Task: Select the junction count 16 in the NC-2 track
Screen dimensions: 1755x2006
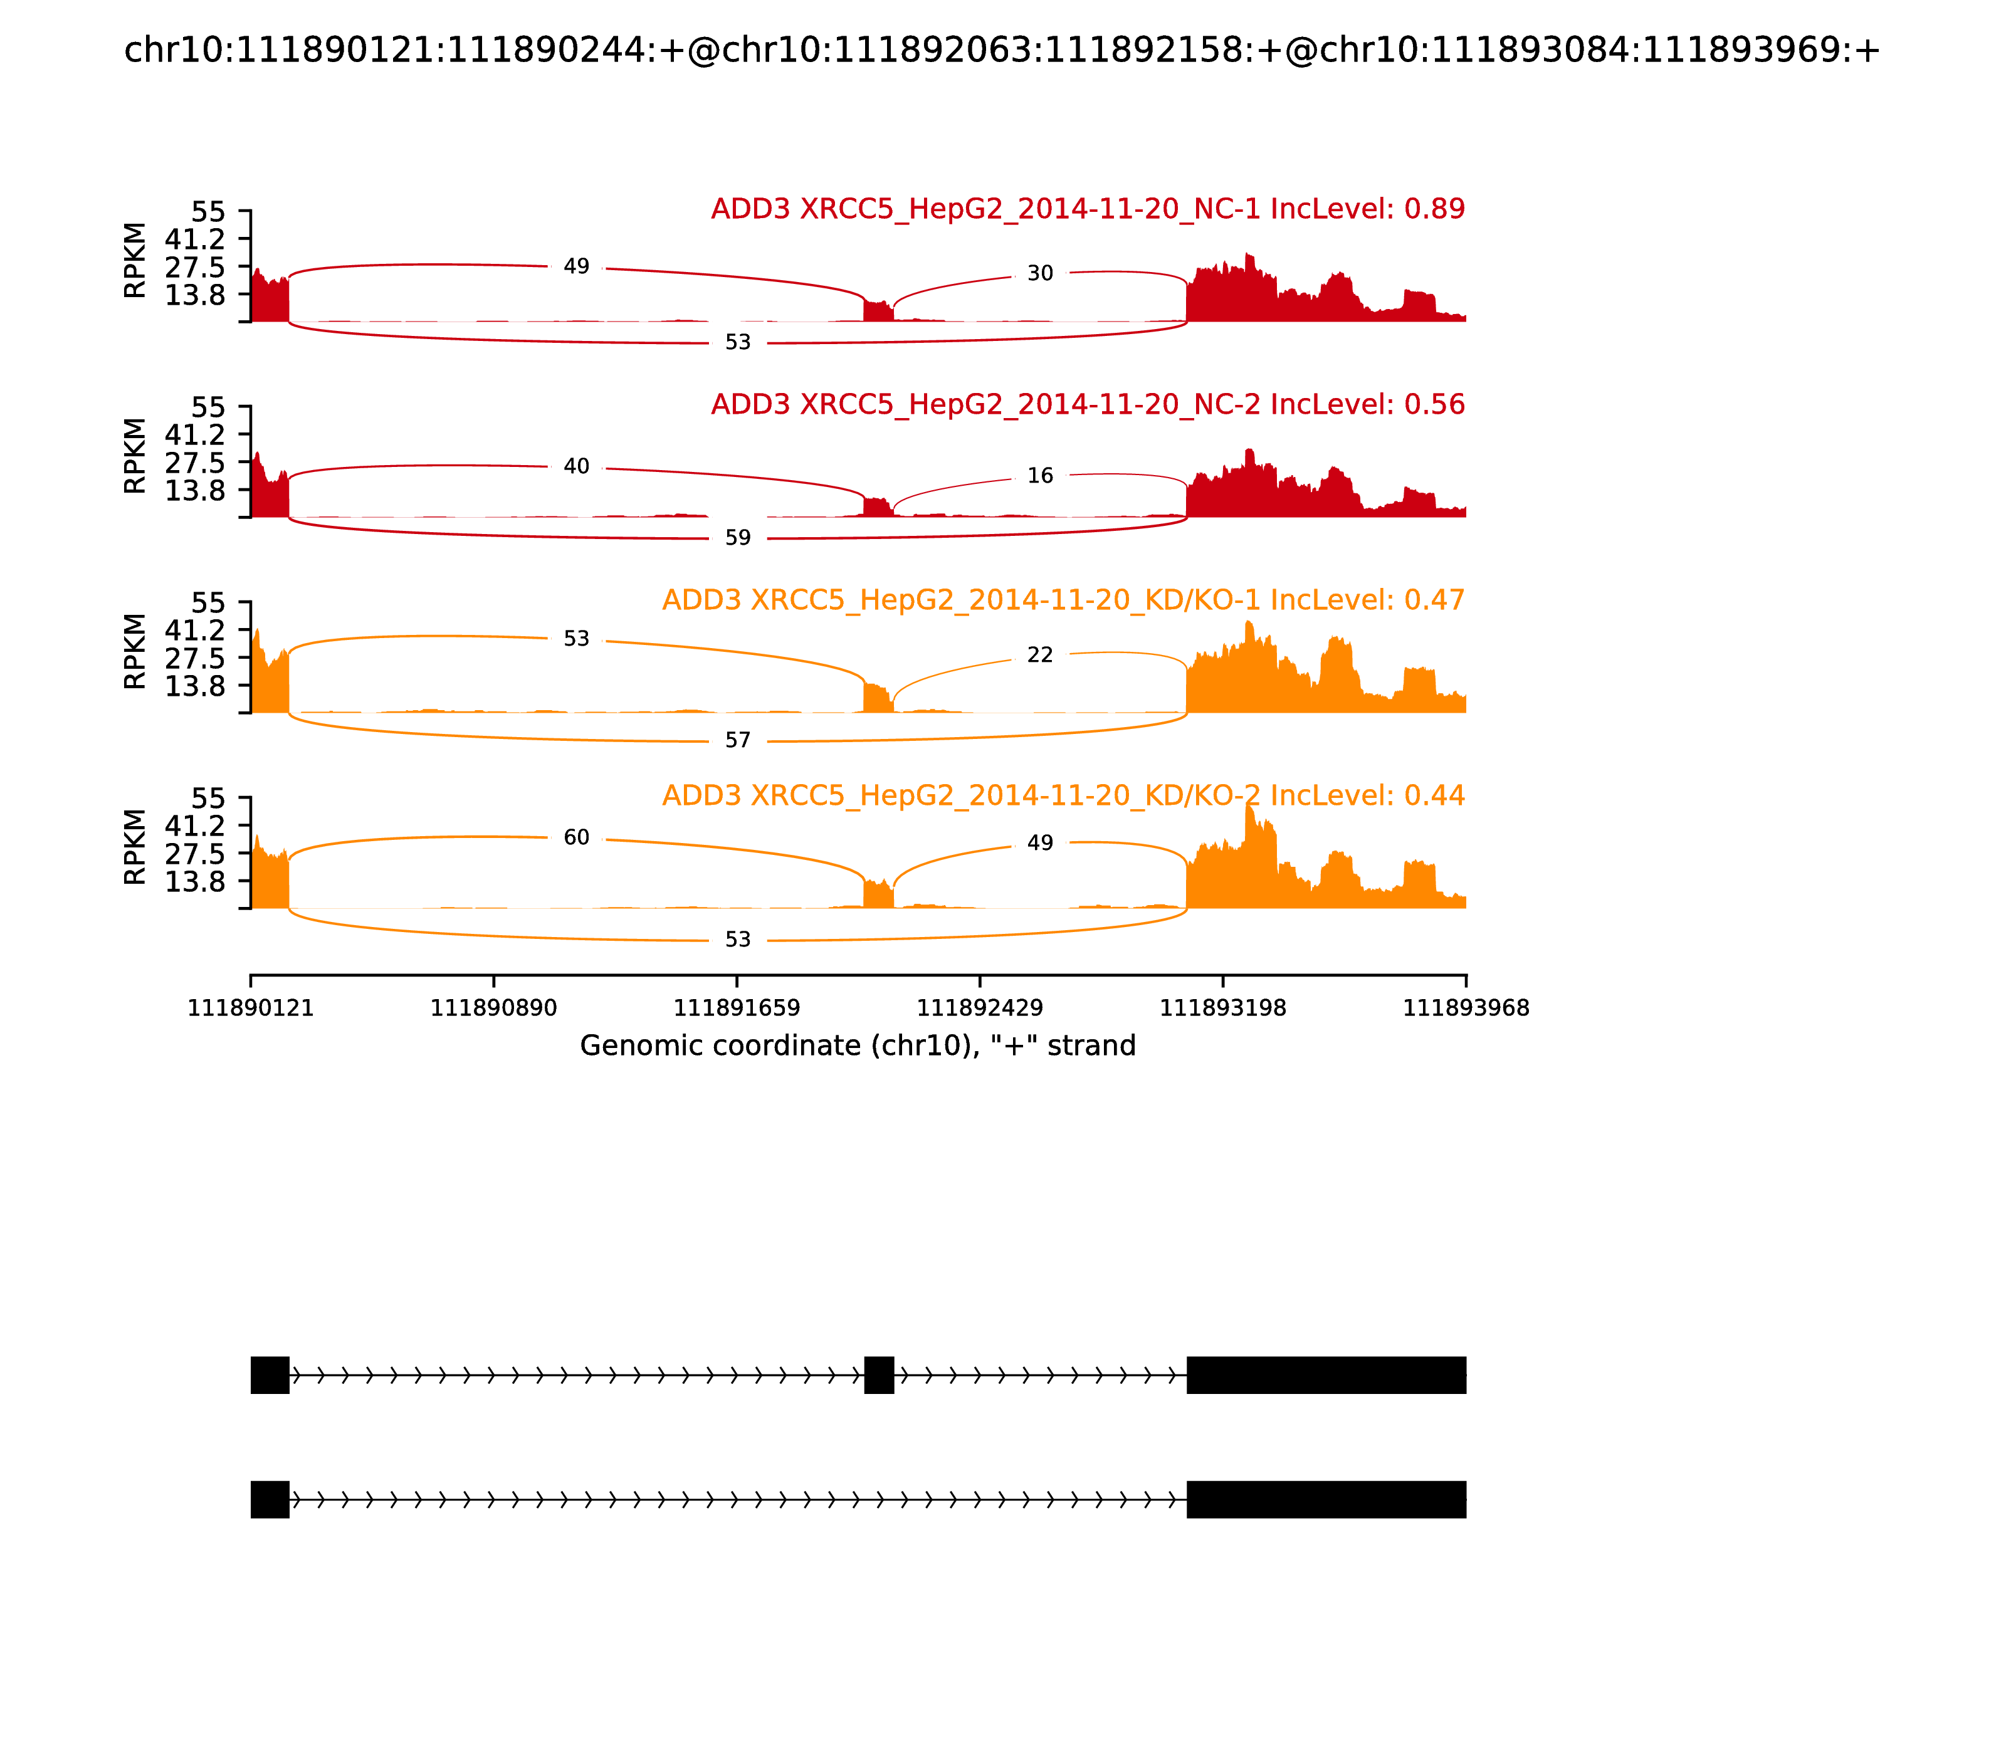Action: tap(1039, 476)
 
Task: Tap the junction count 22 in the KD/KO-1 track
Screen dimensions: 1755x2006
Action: tap(1039, 655)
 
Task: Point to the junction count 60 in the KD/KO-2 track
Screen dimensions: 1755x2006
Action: tap(576, 837)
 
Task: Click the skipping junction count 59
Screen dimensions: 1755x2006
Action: tap(738, 538)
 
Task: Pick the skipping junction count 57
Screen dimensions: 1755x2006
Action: tap(738, 740)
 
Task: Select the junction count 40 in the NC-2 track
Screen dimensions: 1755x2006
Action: tap(576, 466)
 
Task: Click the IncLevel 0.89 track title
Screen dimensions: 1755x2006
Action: tap(1087, 209)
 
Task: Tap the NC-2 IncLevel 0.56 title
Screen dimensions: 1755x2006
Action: tap(1087, 404)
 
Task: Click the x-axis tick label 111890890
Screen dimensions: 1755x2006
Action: tap(494, 1008)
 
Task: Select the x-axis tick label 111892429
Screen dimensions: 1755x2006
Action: tap(979, 1008)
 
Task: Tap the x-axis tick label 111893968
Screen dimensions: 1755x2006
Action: tap(1466, 1008)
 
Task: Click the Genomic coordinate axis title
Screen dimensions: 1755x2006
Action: tap(858, 1046)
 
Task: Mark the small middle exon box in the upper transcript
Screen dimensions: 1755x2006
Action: tap(879, 1375)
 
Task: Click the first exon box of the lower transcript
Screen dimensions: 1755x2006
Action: tap(270, 1499)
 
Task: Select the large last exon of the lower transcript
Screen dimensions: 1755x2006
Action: tap(1326, 1499)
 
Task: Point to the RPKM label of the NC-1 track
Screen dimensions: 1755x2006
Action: tap(135, 261)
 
